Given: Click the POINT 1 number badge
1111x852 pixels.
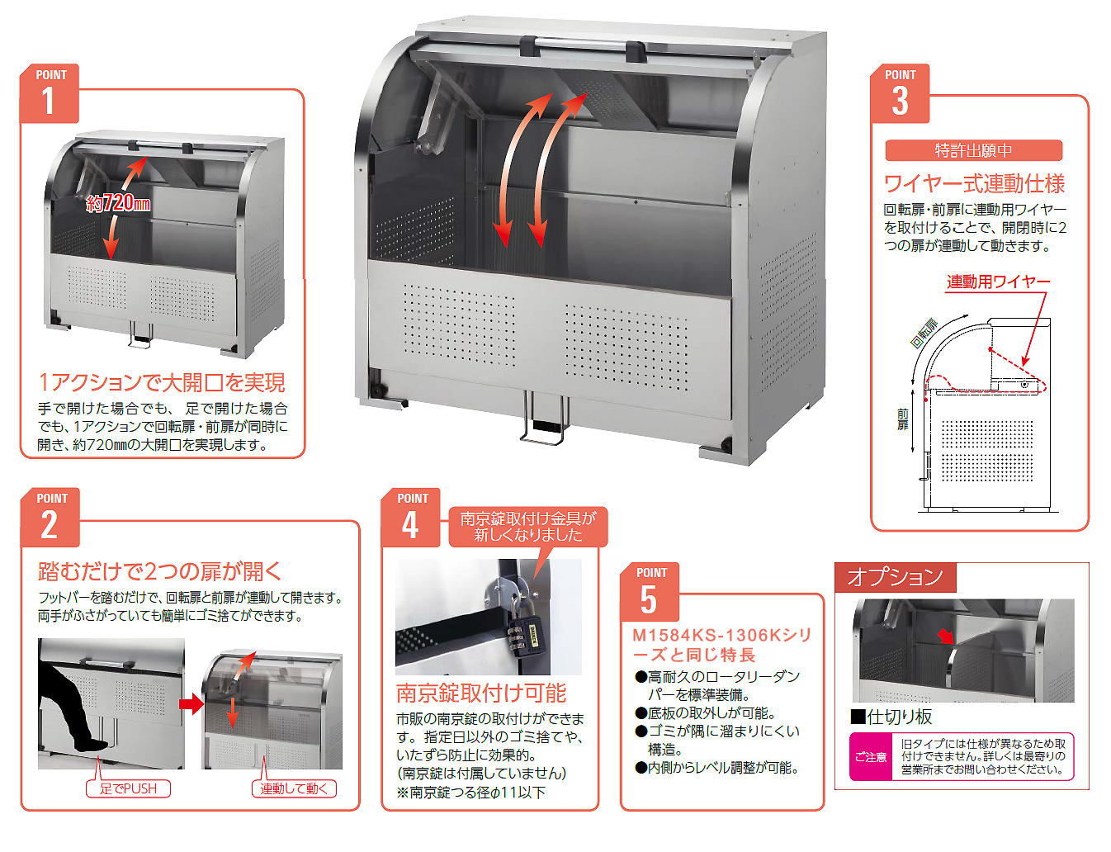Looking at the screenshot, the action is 49,93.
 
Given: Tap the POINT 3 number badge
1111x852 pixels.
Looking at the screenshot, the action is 900,93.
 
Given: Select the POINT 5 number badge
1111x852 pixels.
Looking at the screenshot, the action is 650,592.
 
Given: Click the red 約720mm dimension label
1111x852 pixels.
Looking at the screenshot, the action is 118,204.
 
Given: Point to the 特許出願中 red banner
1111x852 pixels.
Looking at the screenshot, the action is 973,150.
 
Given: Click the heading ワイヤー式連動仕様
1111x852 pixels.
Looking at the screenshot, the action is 974,183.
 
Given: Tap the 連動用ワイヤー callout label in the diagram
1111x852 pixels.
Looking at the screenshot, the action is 998,282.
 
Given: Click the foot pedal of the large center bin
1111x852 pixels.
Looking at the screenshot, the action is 544,419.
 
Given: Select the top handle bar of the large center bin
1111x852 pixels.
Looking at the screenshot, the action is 583,47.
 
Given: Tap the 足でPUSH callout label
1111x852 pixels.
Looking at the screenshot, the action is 128,788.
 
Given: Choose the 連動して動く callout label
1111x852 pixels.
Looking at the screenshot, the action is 294,788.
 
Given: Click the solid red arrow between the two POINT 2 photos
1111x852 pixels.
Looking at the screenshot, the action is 191,704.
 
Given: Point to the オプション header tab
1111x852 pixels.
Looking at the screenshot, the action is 895,577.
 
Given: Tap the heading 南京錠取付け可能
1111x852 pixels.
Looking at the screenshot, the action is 481,693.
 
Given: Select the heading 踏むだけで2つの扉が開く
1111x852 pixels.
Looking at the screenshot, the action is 159,571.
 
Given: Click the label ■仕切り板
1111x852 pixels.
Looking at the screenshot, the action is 891,717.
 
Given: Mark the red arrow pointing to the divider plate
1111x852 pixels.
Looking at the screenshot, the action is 946,637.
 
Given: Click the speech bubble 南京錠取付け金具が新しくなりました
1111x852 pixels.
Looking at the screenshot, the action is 528,527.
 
